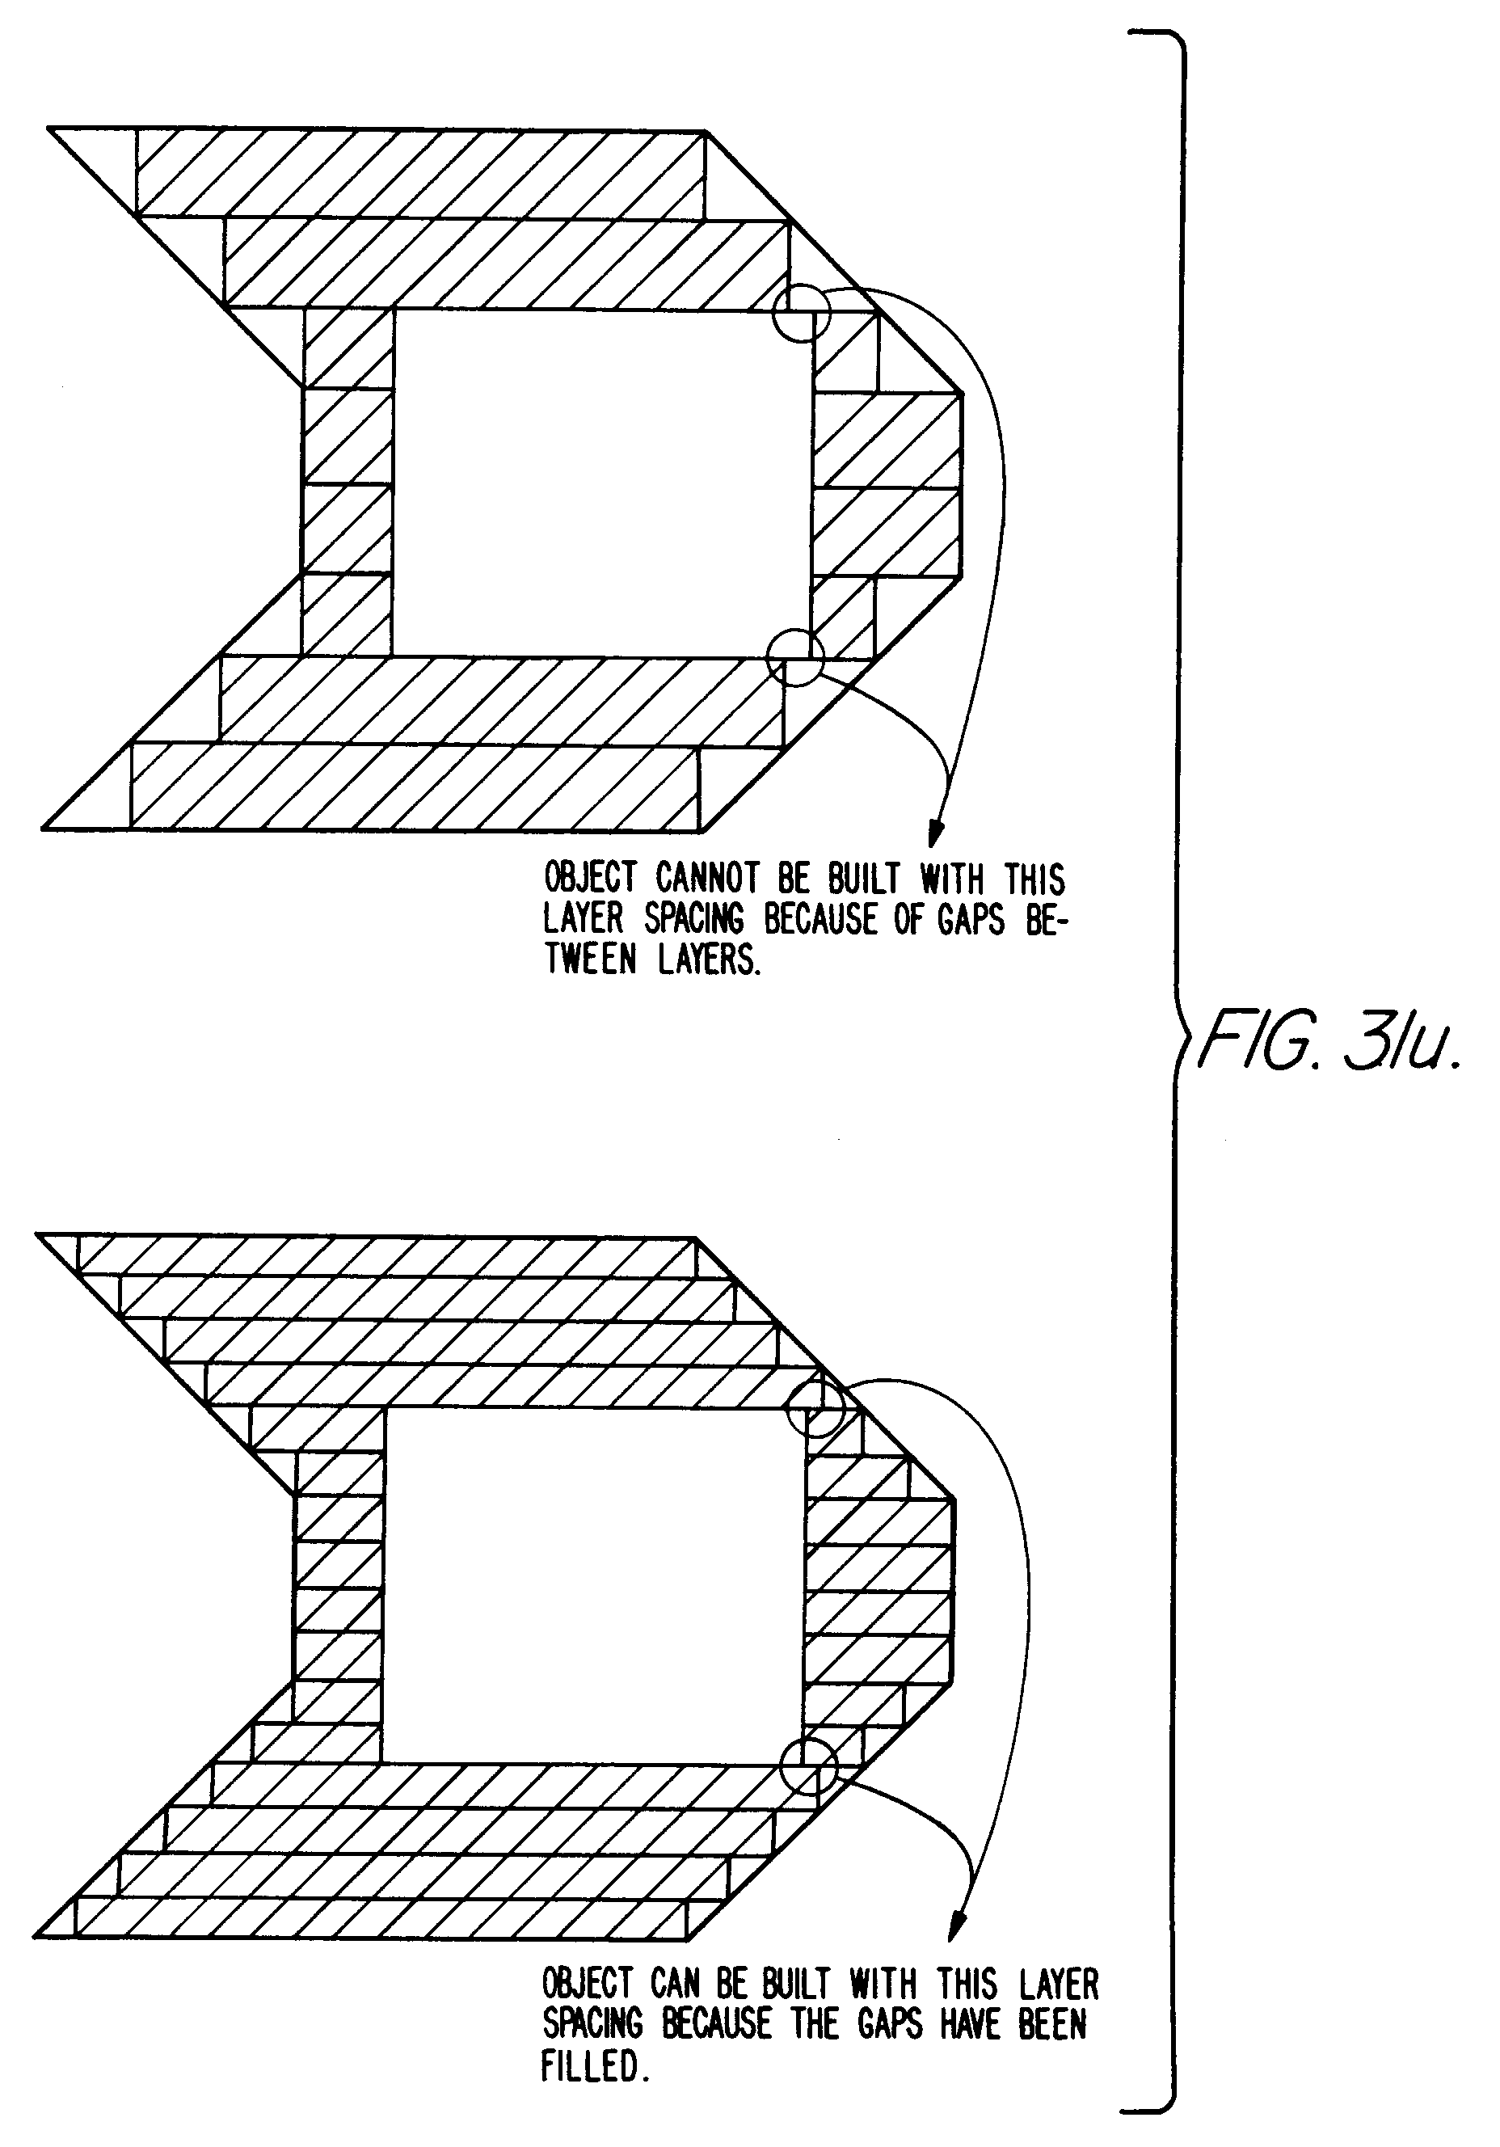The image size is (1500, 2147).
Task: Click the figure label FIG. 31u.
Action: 1328,1041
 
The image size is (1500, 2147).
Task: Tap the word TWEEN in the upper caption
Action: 591,960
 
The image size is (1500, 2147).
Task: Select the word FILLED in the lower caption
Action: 594,2065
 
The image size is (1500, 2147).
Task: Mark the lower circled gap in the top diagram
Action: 795,657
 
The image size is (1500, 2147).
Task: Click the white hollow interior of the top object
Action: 600,482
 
